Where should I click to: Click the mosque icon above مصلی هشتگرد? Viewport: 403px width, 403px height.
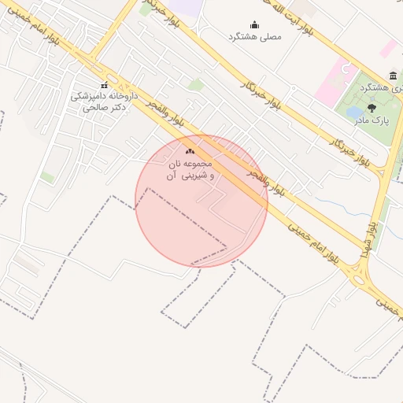[253, 24]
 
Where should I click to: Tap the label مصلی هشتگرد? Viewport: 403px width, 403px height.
[253, 37]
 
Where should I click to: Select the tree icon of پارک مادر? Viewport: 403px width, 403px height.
[372, 107]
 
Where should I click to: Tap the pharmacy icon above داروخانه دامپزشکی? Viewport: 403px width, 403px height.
[104, 85]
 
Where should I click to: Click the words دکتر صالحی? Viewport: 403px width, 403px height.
[104, 105]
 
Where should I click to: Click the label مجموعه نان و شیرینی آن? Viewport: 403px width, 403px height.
[190, 170]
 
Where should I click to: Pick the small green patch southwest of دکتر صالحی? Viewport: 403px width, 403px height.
[48, 178]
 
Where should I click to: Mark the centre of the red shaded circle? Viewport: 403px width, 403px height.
[201, 201]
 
